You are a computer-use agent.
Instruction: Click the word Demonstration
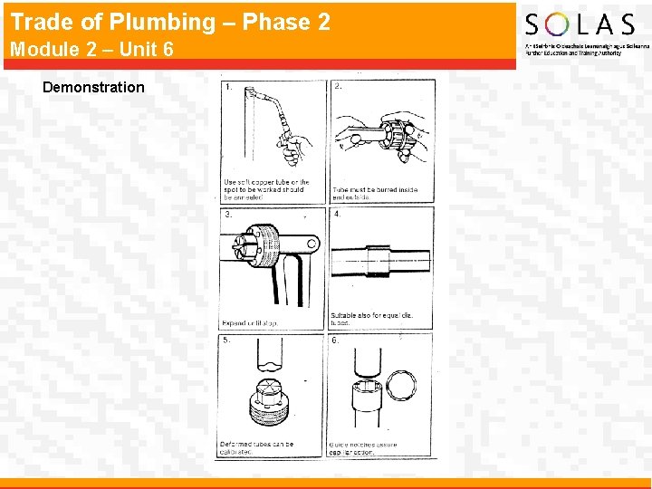click(x=93, y=87)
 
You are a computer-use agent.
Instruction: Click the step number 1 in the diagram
click(x=227, y=87)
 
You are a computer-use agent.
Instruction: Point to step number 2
click(x=338, y=87)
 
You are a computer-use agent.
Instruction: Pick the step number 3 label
click(x=227, y=215)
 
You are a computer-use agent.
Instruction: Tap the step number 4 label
click(x=338, y=215)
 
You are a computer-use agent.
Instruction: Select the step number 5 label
click(x=227, y=340)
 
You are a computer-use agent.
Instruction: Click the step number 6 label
click(x=337, y=340)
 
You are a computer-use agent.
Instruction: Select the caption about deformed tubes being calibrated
click(x=257, y=448)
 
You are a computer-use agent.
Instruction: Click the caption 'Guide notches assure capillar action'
click(x=364, y=448)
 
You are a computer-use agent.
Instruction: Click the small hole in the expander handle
click(x=311, y=243)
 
